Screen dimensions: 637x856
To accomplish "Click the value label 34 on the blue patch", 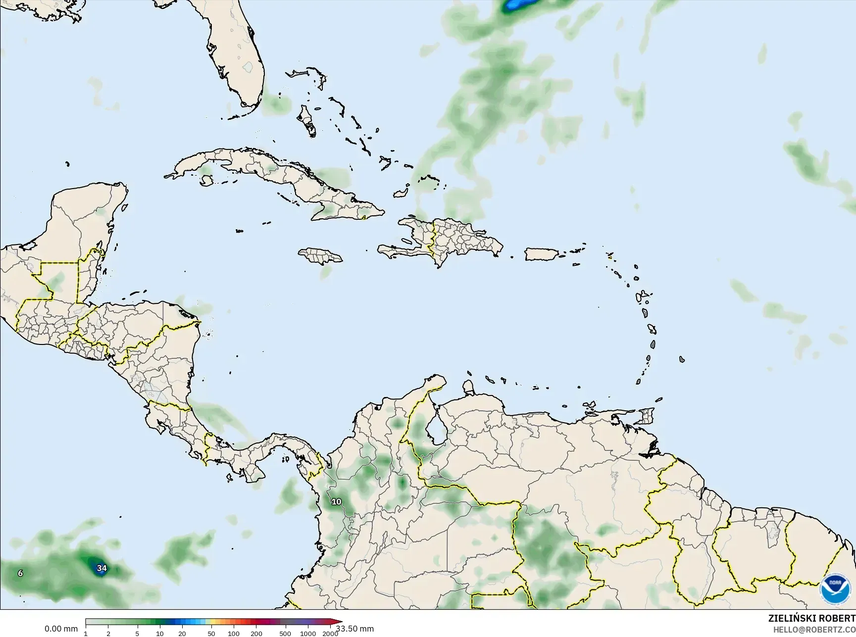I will coord(101,568).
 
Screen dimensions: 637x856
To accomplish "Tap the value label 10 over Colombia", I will coord(336,501).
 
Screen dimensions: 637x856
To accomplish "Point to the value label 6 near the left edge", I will coord(20,573).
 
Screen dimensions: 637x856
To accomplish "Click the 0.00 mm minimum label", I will coord(61,629).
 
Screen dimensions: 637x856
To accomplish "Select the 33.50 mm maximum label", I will coord(355,629).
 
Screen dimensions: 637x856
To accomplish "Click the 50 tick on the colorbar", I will coord(211,634).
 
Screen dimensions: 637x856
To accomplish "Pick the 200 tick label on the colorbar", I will coord(256,634).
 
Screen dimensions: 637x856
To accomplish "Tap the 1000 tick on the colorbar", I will coord(308,634).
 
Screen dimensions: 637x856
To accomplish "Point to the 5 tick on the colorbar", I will coord(137,634).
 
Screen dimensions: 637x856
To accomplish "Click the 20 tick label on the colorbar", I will coord(182,634).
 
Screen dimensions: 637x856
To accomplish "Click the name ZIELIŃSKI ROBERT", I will coord(811,618).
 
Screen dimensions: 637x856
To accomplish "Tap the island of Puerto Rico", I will coord(542,254).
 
